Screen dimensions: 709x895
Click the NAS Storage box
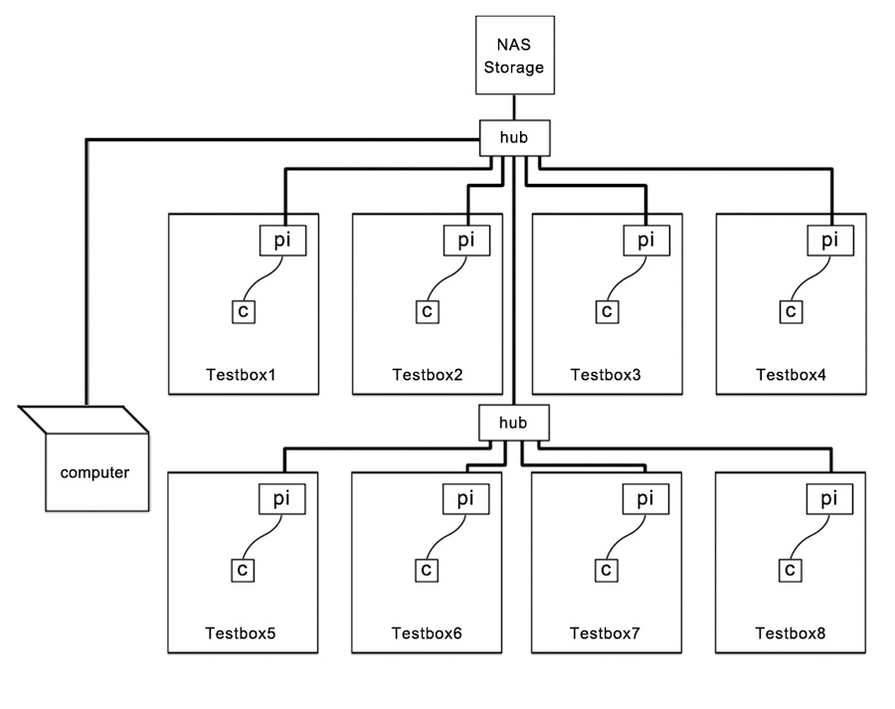[514, 56]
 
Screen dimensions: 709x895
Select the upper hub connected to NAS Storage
[514, 138]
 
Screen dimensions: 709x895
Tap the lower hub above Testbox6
[514, 423]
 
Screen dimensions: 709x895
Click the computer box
[94, 471]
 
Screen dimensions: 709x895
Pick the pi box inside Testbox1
[283, 240]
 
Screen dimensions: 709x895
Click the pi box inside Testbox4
[829, 240]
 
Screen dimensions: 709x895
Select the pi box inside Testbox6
[465, 498]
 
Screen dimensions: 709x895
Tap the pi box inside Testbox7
[646, 498]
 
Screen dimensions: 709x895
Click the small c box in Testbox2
[427, 311]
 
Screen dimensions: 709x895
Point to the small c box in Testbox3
[607, 311]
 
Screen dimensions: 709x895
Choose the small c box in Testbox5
[243, 570]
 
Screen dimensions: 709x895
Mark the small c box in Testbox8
[790, 570]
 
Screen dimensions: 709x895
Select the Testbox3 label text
[606, 375]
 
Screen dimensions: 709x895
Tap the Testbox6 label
[427, 633]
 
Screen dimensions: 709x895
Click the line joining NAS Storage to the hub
[514, 107]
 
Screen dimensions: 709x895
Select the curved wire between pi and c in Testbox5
[265, 537]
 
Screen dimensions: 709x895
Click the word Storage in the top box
[514, 68]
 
